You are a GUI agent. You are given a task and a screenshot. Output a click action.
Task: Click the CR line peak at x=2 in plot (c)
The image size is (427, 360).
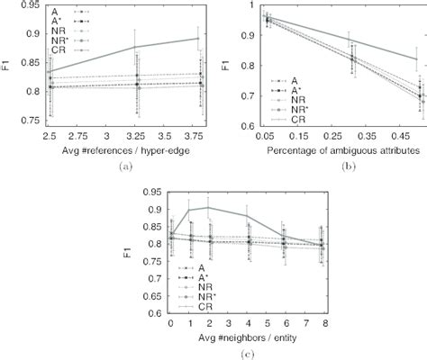click(x=208, y=208)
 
